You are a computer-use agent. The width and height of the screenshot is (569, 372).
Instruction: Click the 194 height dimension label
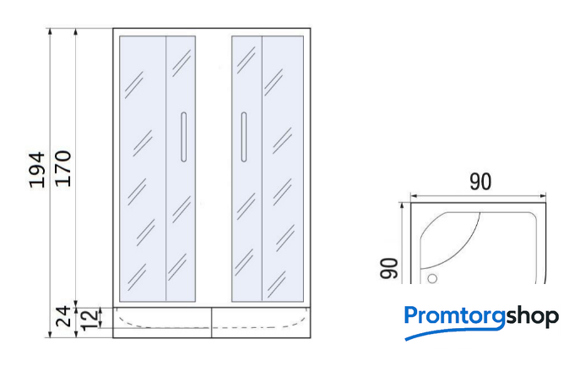tap(37, 170)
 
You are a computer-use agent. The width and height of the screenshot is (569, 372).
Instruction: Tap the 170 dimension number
tap(62, 168)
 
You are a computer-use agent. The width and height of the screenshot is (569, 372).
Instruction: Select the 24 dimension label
tap(62, 316)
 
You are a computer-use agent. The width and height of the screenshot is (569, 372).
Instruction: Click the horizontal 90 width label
tap(480, 182)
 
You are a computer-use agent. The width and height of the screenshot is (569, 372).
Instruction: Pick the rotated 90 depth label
tap(388, 268)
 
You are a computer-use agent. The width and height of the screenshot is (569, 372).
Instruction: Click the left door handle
tap(184, 137)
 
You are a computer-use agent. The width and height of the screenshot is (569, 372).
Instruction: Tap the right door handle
tap(244, 137)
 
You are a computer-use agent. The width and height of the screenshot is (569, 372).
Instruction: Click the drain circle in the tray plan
tap(432, 279)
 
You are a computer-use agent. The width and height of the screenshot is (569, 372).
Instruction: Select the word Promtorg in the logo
tap(455, 316)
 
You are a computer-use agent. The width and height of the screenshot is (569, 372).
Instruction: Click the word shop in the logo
tap(533, 317)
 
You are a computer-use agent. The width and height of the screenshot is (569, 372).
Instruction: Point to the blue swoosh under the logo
tap(453, 332)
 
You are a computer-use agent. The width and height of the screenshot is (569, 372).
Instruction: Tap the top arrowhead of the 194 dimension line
tap(50, 31)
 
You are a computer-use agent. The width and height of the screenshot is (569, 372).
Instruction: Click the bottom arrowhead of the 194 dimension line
tap(50, 334)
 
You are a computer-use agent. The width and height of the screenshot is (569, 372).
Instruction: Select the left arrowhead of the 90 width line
tap(415, 196)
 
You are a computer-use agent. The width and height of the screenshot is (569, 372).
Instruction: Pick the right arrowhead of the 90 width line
tap(542, 196)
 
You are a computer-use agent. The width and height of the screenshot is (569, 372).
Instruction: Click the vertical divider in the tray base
tap(211, 323)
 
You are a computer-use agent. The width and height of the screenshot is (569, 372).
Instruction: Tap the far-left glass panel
tap(143, 168)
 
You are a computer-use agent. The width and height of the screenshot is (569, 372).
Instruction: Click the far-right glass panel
tap(283, 168)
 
